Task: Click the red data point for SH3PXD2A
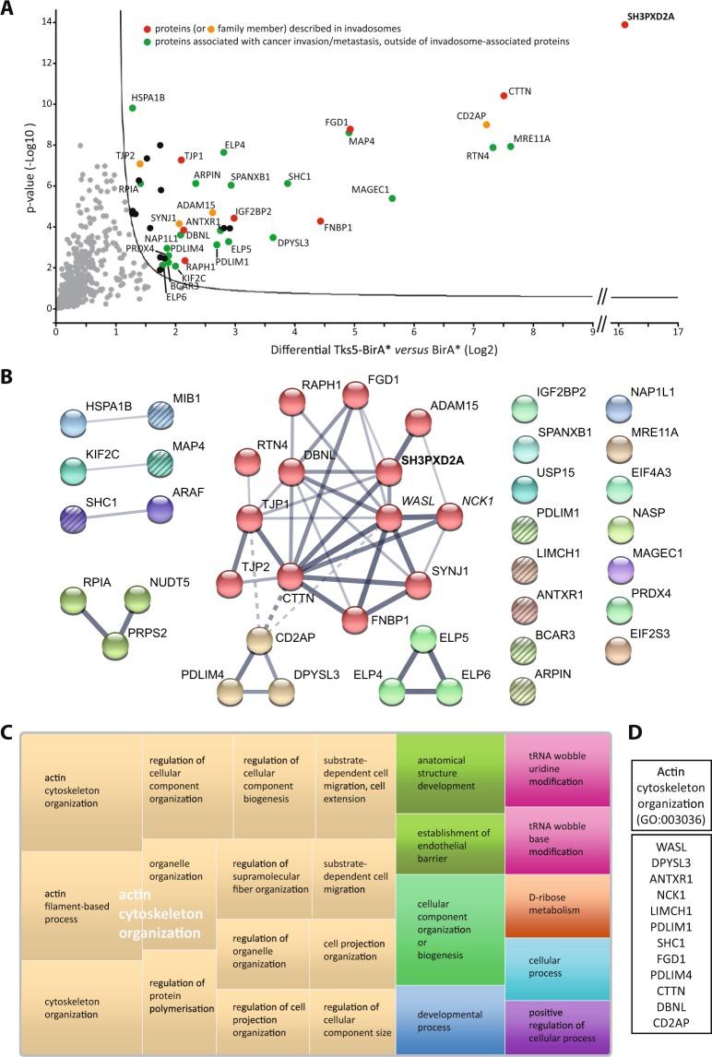click(624, 25)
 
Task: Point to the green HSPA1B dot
click(133, 108)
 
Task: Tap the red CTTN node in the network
click(291, 578)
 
